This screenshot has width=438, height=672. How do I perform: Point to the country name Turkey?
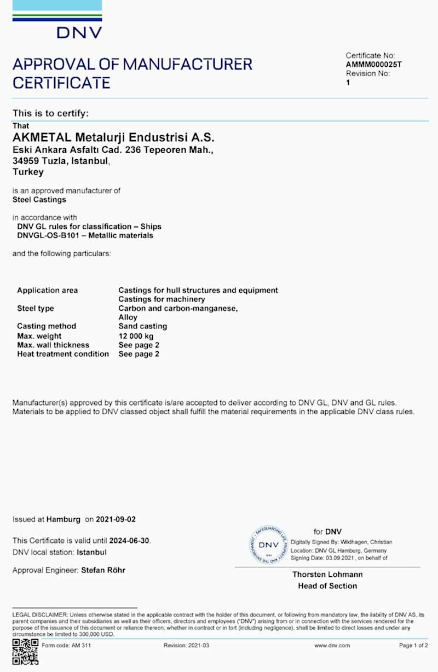pos(28,172)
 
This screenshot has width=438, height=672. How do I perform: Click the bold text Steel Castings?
pos(39,200)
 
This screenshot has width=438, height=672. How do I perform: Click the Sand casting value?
pos(143,326)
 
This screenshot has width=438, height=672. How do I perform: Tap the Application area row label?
pos(47,291)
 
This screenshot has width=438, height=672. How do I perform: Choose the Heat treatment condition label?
pos(62,354)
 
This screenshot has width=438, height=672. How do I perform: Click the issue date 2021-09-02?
pos(116,519)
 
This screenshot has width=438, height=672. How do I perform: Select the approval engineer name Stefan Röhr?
pos(103,570)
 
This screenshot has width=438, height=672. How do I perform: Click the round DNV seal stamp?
pos(268,545)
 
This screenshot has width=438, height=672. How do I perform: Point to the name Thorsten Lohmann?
pos(327,575)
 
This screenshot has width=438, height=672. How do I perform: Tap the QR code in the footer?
pos(25,651)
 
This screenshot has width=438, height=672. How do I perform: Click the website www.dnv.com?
pos(332,646)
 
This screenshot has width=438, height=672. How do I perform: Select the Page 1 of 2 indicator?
pos(413,646)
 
